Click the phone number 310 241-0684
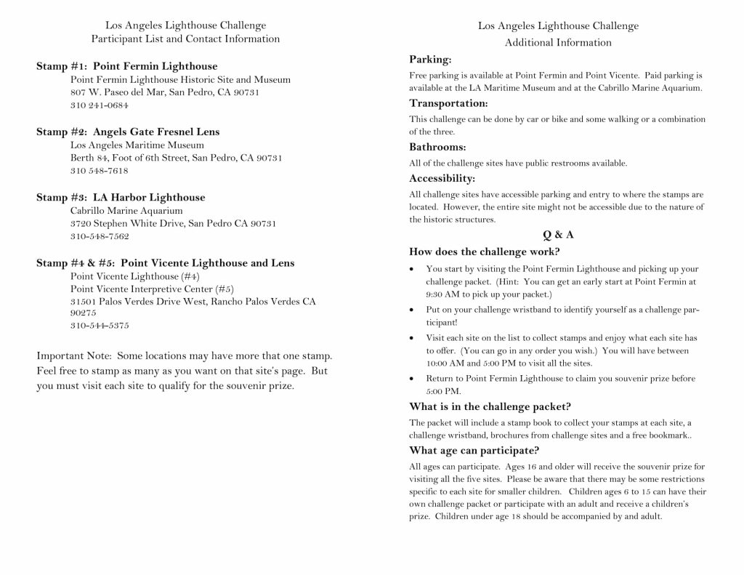tap(100, 105)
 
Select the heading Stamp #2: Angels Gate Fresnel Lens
tap(128, 132)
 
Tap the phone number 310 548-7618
tap(100, 171)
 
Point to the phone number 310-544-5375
tap(100, 326)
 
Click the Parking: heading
tap(430, 59)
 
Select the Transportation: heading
tap(448, 103)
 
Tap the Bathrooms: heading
tap(437, 147)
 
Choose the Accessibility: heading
tap(442, 178)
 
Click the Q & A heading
tap(558, 234)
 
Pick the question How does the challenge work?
tap(485, 252)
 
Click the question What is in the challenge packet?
tap(490, 406)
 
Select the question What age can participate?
tap(474, 449)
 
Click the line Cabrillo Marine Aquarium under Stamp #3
tap(126, 210)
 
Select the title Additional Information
tap(558, 42)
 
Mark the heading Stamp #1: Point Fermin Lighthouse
tap(127, 66)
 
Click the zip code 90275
tap(84, 313)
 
